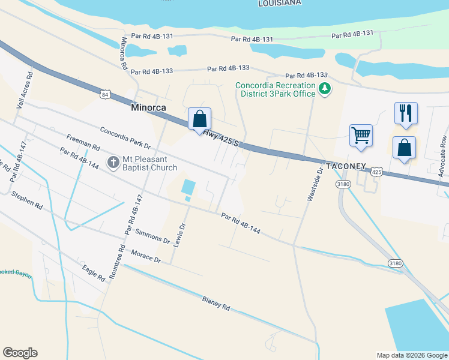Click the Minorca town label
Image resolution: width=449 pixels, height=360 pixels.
coord(147,109)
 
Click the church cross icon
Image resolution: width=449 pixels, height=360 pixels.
coord(112,161)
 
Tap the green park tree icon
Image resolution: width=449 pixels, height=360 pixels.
coord(325,89)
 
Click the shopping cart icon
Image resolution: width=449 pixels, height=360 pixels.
coord(361,136)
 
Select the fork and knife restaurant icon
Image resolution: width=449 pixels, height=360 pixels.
coord(405,112)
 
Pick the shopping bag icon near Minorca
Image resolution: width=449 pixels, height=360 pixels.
coord(199,118)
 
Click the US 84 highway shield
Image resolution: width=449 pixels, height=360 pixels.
coord(106,95)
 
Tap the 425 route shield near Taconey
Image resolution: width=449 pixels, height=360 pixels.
coord(376,172)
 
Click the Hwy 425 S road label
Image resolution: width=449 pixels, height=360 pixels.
coord(221,139)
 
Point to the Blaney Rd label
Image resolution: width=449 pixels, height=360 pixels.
coord(216,303)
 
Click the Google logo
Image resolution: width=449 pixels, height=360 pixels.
coord(20,353)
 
